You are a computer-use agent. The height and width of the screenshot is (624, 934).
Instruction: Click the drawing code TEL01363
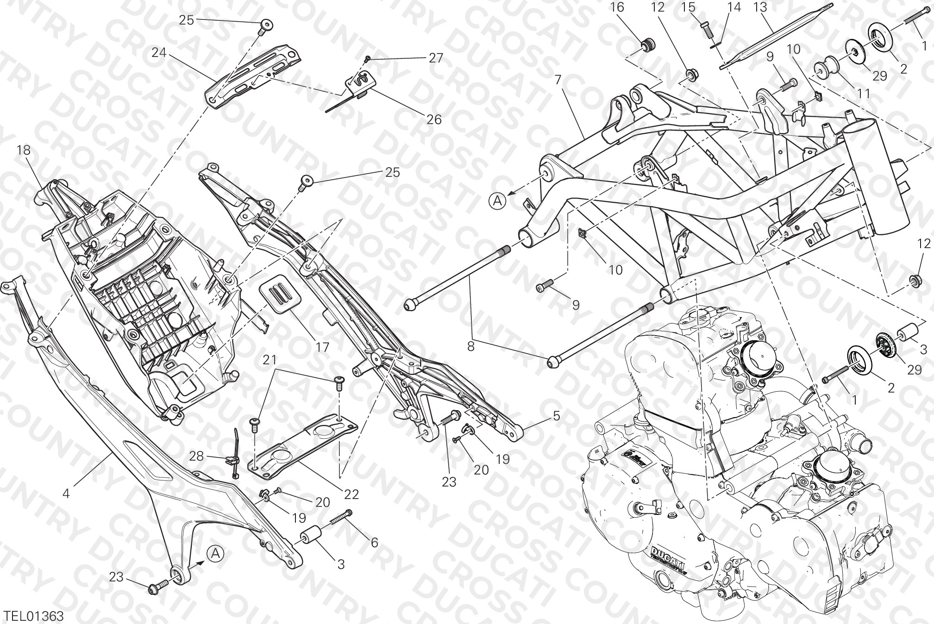tap(33, 616)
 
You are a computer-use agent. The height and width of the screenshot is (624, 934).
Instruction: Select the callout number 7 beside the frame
tap(558, 79)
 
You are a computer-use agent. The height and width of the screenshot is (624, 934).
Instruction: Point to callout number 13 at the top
tap(760, 7)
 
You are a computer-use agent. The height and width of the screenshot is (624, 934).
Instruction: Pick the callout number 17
tap(322, 347)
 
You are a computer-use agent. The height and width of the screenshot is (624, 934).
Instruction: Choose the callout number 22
tap(351, 494)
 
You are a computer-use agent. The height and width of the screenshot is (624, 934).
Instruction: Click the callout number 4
tap(66, 494)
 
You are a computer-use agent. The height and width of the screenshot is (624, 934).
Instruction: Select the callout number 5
tap(556, 416)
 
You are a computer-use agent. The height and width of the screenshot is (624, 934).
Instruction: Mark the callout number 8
tap(470, 346)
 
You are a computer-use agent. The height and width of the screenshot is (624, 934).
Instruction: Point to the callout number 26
tap(434, 120)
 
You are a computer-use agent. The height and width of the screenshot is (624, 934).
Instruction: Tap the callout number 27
tap(436, 58)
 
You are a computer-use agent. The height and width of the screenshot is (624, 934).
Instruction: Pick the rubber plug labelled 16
tap(646, 46)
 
